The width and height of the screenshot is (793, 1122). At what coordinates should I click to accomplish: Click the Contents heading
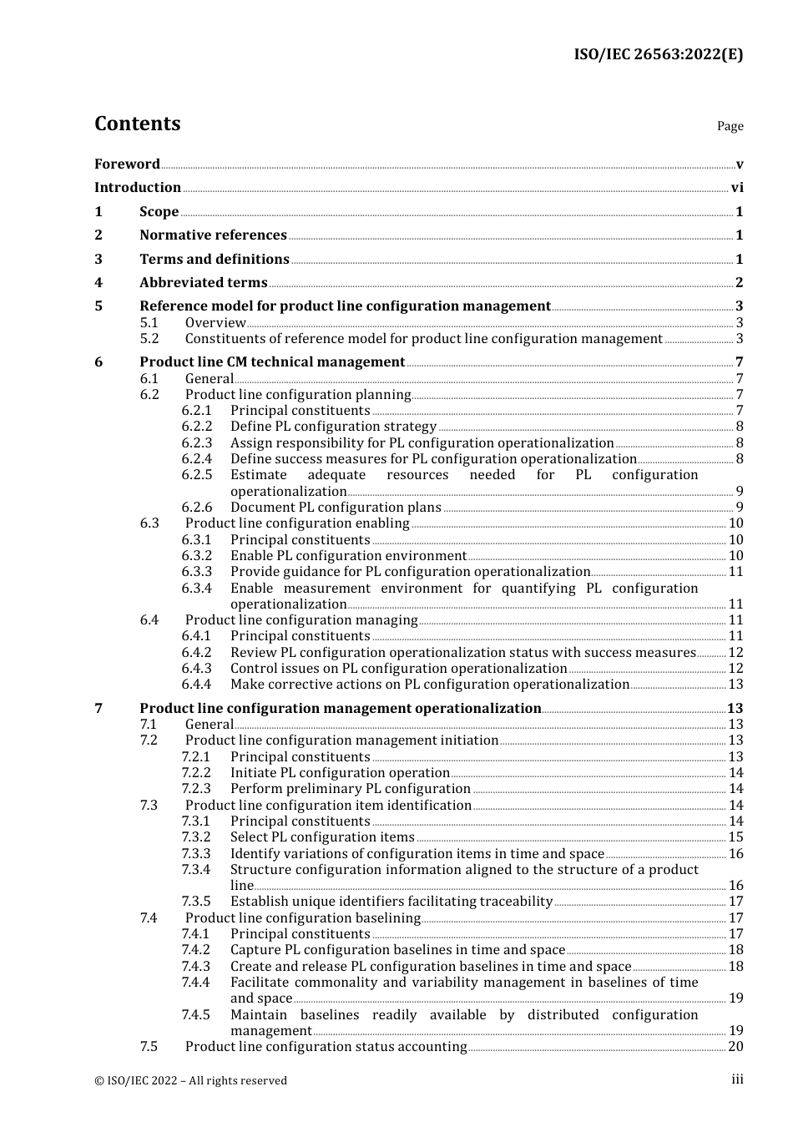137,124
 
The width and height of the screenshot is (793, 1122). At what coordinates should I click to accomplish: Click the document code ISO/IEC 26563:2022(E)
658,55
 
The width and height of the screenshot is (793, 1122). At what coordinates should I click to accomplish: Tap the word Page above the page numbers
730,126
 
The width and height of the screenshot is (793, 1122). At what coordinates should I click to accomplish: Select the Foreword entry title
127,164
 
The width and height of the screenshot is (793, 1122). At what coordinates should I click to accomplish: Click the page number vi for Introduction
737,188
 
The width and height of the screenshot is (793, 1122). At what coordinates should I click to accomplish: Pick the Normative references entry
213,235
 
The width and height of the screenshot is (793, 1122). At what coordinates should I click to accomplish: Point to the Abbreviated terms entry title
203,283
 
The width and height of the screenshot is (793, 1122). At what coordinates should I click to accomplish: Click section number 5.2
149,339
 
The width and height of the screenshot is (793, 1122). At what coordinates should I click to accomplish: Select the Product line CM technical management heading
272,362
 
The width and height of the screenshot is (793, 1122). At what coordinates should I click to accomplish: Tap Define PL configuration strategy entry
333,427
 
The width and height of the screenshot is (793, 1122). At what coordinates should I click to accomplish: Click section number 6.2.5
196,475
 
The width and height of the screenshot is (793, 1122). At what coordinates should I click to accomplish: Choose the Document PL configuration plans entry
336,508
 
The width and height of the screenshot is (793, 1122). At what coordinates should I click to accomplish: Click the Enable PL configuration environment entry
348,556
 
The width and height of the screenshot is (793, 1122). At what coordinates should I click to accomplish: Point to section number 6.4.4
196,685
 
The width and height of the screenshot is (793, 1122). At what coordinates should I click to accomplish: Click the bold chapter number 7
98,709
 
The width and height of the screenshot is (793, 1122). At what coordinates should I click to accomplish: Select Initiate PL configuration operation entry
340,773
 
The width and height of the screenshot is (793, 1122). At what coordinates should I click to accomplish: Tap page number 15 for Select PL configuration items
735,837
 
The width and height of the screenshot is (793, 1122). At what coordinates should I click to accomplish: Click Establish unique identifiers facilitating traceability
391,902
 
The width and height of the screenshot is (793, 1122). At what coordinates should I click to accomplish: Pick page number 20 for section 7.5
735,1047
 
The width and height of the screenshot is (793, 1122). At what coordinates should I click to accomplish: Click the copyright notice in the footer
190,1080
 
